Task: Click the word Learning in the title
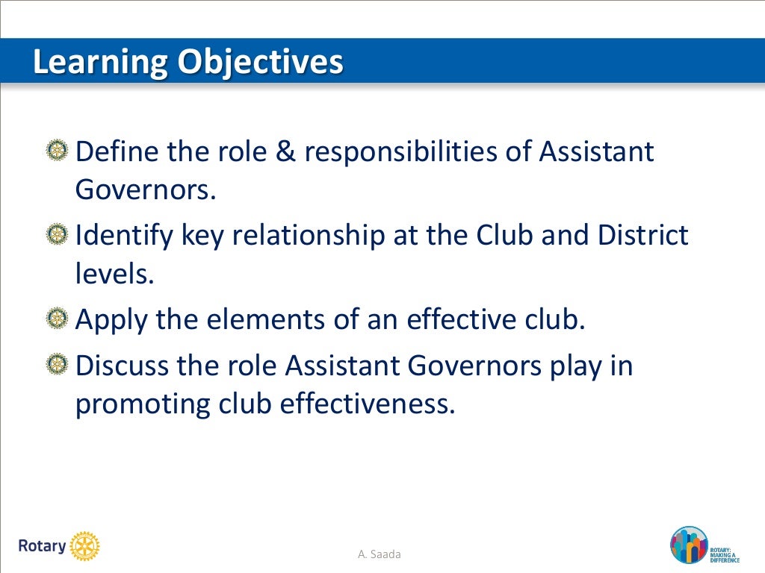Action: click(x=100, y=63)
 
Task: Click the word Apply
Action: click(x=112, y=321)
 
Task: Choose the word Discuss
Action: click(x=123, y=367)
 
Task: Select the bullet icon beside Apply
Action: click(x=55, y=319)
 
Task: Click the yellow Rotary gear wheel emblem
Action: click(x=84, y=546)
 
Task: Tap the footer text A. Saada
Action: click(x=380, y=554)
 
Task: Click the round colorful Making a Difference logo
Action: click(x=687, y=545)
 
